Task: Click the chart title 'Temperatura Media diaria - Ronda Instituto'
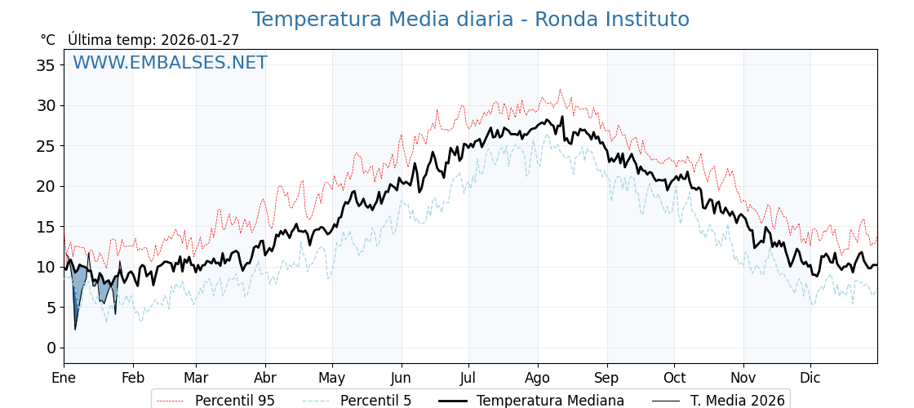click(470, 20)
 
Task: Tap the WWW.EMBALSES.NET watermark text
click(170, 63)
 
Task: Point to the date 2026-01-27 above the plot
click(200, 40)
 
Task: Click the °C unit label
click(48, 40)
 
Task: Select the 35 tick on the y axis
click(46, 65)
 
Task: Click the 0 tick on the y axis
click(51, 348)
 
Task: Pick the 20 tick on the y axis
click(46, 186)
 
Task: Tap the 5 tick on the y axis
click(51, 308)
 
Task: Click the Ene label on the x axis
click(64, 378)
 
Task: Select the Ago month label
click(537, 378)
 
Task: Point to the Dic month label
click(810, 378)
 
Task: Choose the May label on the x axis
click(331, 378)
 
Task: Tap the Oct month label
click(674, 378)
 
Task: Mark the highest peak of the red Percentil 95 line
click(560, 89)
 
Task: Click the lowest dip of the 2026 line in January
click(75, 329)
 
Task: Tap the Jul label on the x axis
click(468, 378)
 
